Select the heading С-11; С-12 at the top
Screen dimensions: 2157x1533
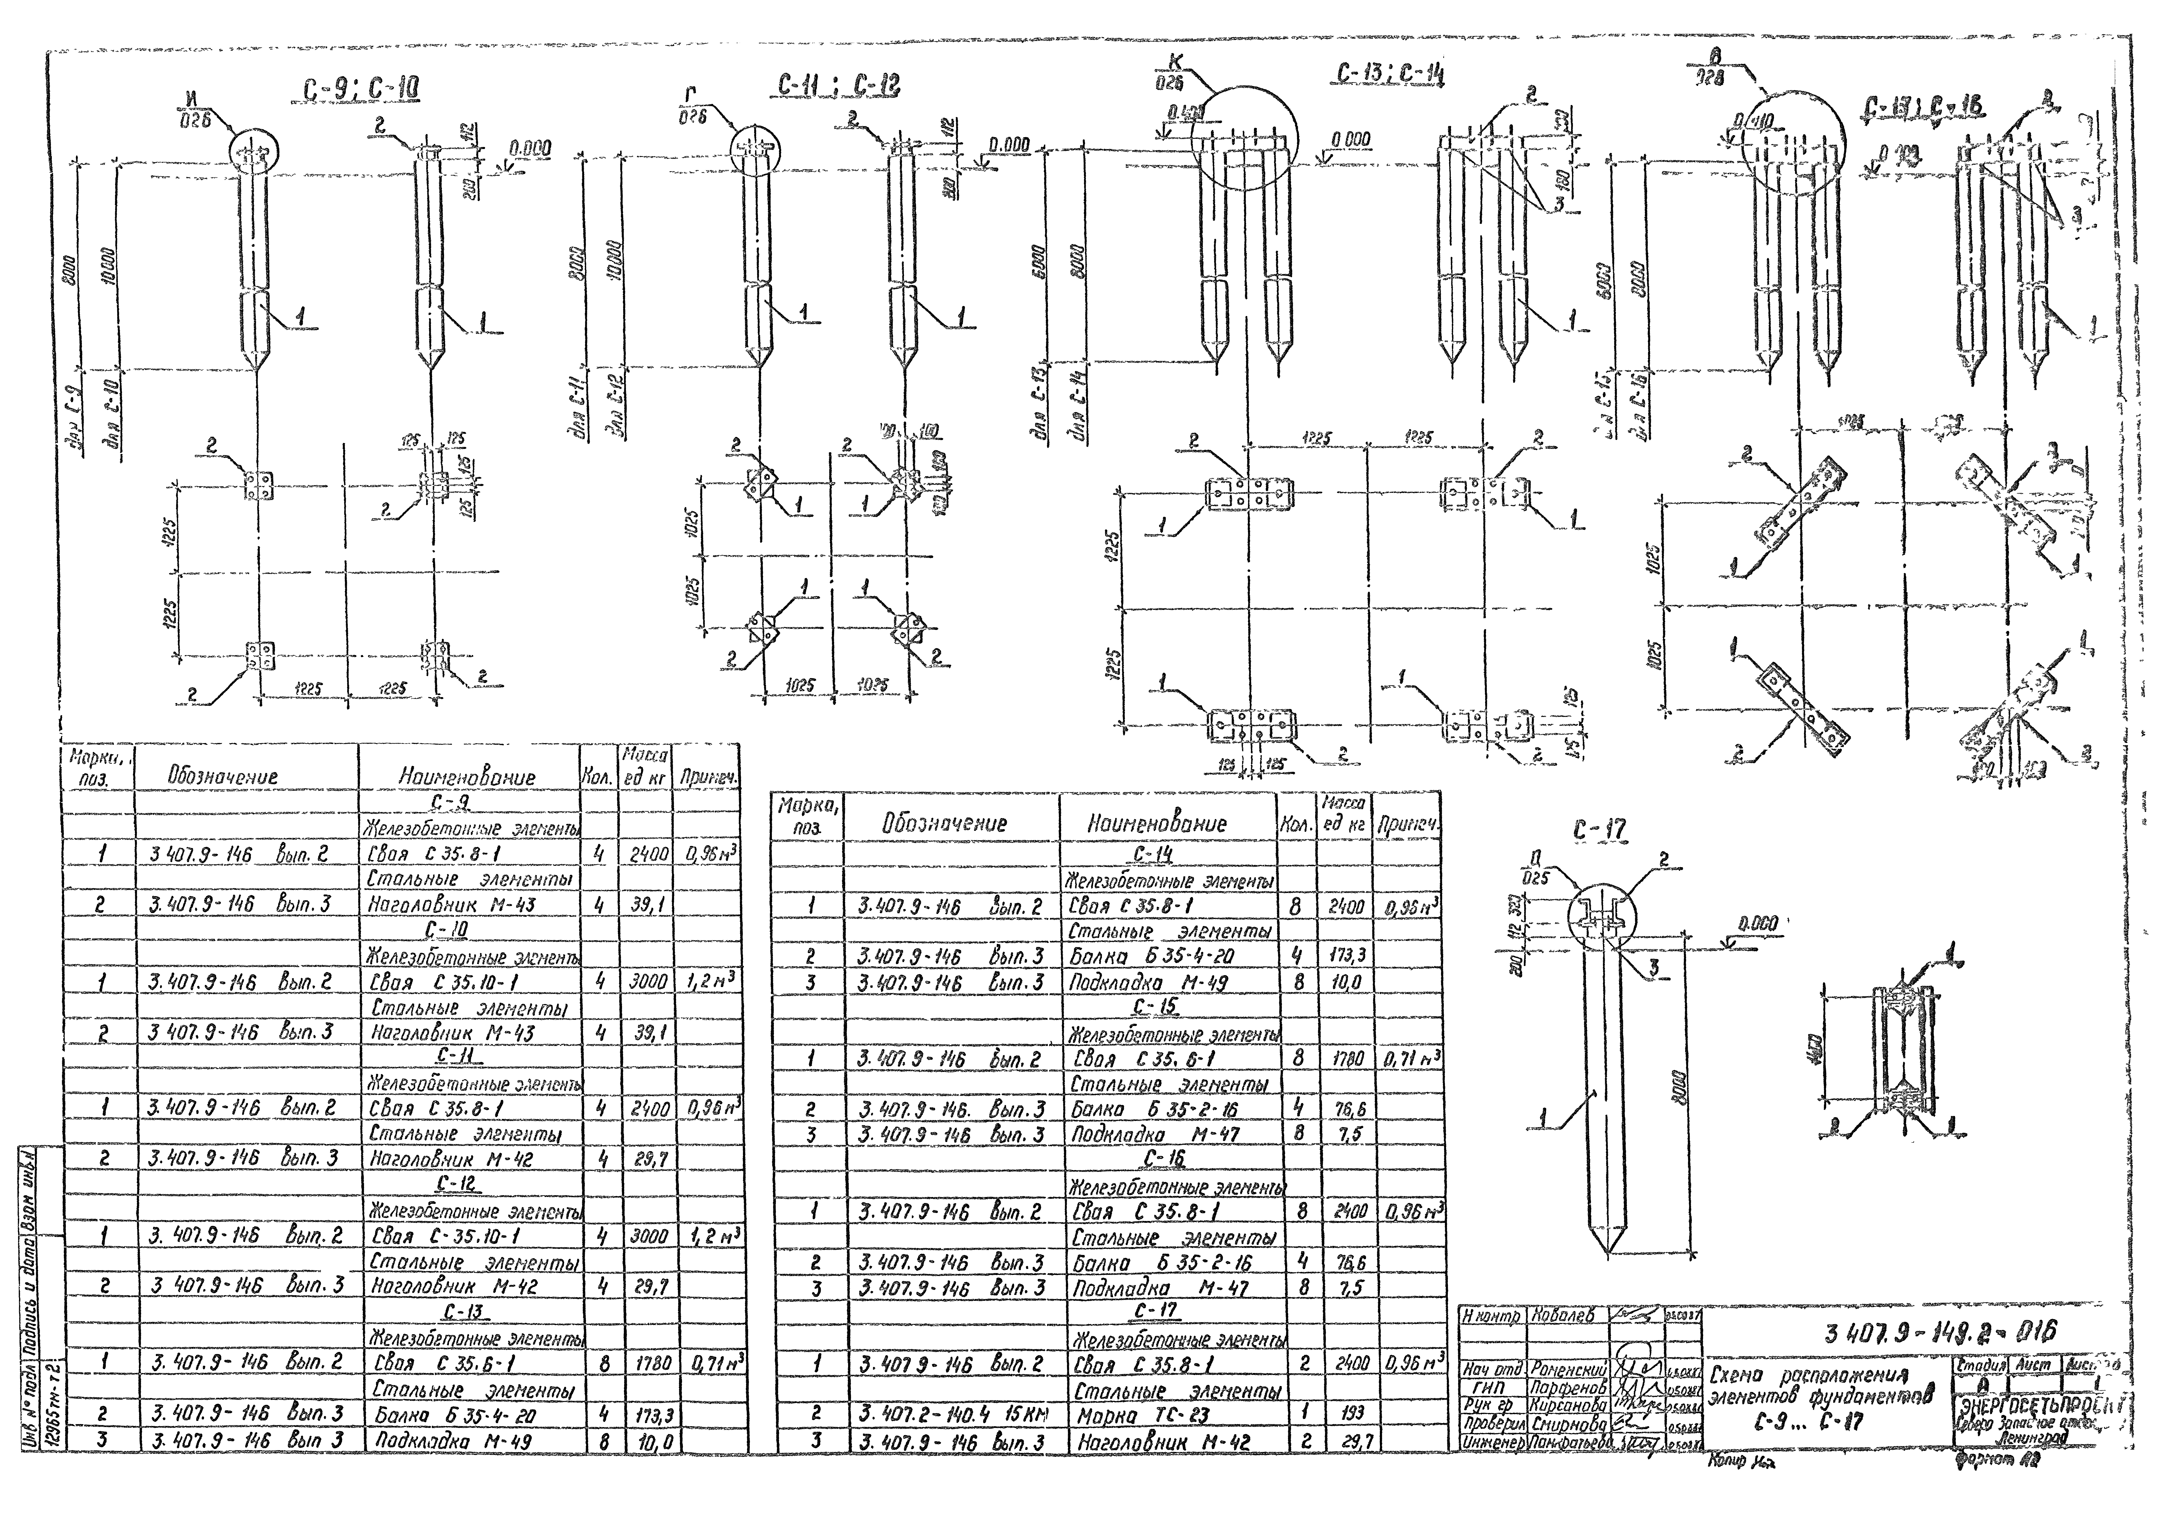click(838, 87)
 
